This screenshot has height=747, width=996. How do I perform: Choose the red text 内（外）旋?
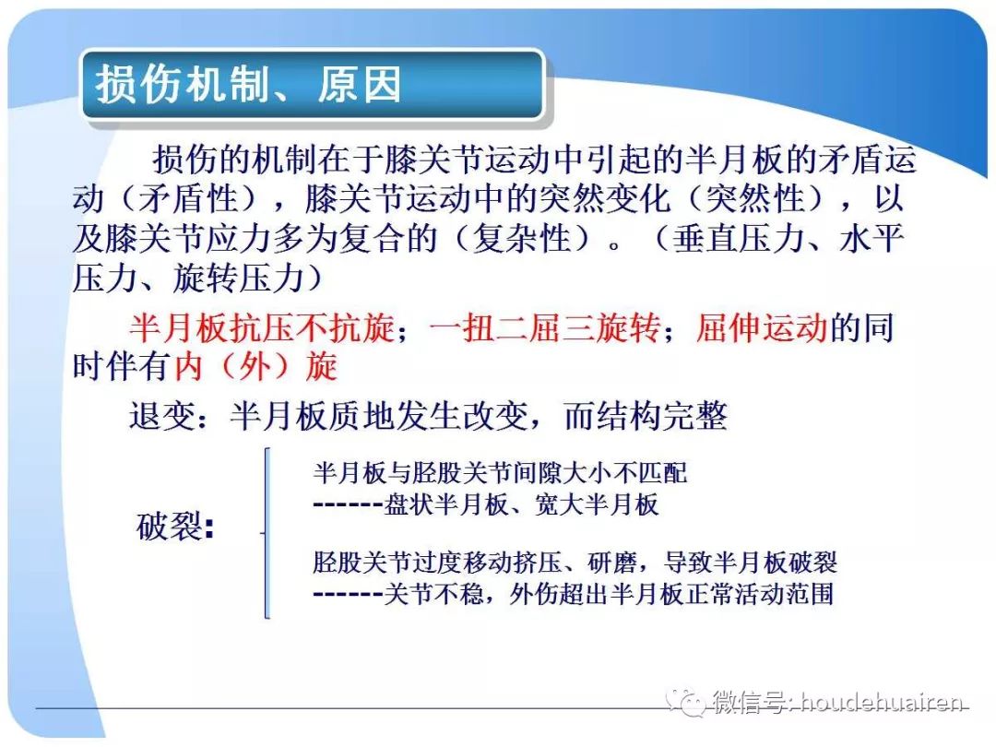pos(255,367)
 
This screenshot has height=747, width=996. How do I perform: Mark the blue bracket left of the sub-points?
pos(267,533)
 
